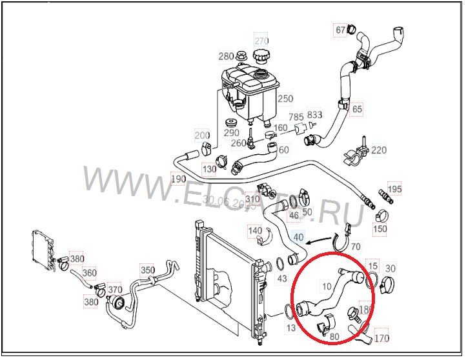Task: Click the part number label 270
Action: [261, 39]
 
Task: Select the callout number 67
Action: [341, 30]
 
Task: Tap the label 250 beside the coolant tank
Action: [285, 99]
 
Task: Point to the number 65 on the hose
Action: [357, 110]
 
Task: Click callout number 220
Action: [379, 151]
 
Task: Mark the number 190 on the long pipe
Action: [177, 178]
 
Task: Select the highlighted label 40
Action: [298, 237]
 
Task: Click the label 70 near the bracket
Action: [356, 246]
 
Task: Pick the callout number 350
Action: [148, 270]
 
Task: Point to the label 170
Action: [381, 337]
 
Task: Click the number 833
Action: [314, 114]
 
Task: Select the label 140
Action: [255, 230]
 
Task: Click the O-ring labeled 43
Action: [281, 264]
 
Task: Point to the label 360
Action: [89, 273]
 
